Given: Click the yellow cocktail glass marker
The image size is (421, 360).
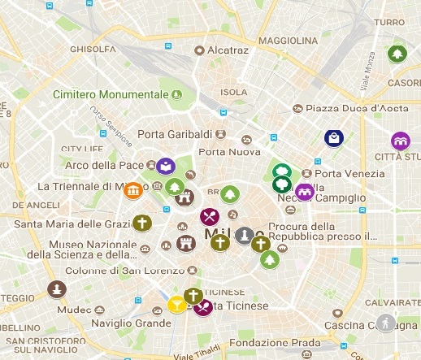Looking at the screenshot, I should [x=176, y=305].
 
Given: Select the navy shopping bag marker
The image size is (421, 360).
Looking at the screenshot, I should [x=333, y=138].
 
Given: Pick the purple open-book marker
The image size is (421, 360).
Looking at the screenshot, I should [x=166, y=167].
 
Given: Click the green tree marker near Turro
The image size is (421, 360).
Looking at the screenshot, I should [x=397, y=54].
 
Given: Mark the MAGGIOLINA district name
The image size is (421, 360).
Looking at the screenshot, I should [x=289, y=40].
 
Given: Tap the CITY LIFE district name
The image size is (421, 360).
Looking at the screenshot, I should [x=83, y=149].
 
